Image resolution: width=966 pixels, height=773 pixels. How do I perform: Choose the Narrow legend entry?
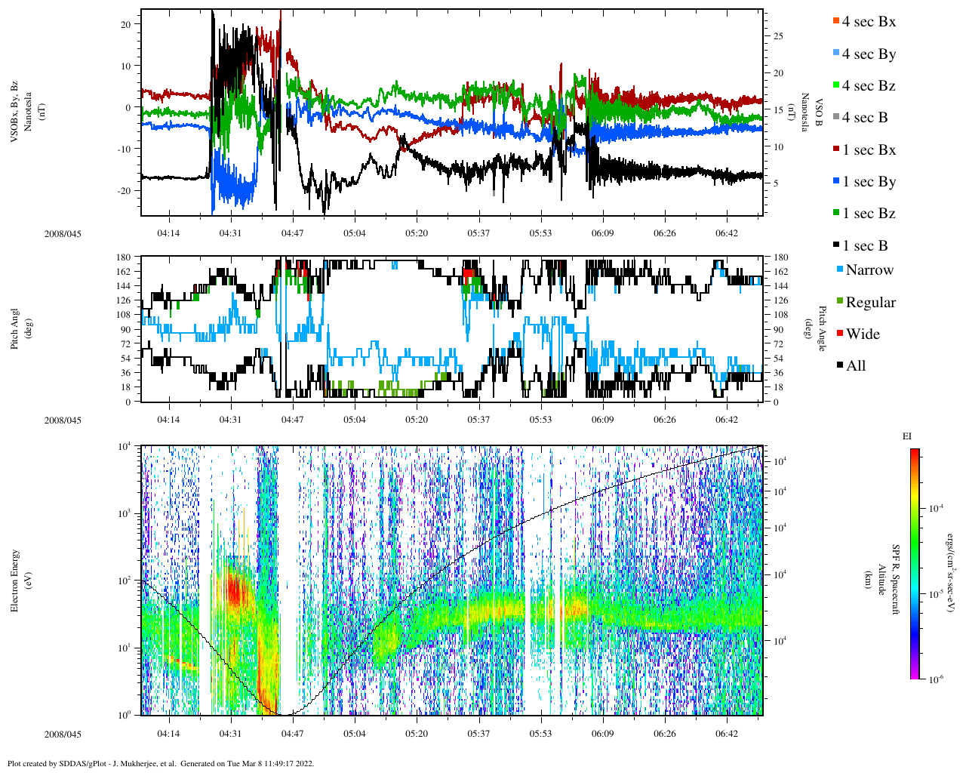tap(869, 270)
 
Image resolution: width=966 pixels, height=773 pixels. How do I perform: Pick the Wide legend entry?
tap(862, 334)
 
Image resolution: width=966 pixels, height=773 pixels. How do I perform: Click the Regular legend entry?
tap(869, 302)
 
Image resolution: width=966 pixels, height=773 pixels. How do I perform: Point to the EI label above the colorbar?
tap(907, 436)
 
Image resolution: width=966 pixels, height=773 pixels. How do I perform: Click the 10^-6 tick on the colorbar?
tap(933, 679)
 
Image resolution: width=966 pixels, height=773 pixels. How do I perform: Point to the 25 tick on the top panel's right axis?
tap(777, 36)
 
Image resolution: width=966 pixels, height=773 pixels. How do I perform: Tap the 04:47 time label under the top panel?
tap(292, 233)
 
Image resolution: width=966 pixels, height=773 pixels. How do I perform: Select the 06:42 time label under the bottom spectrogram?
tap(726, 734)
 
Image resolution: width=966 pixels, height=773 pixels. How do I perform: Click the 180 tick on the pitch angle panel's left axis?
tap(125, 257)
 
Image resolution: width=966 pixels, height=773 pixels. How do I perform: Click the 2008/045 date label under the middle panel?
tap(63, 420)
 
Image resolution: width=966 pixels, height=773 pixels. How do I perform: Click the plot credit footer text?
tap(161, 763)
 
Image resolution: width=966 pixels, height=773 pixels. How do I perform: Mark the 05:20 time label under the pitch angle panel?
tap(416, 420)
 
